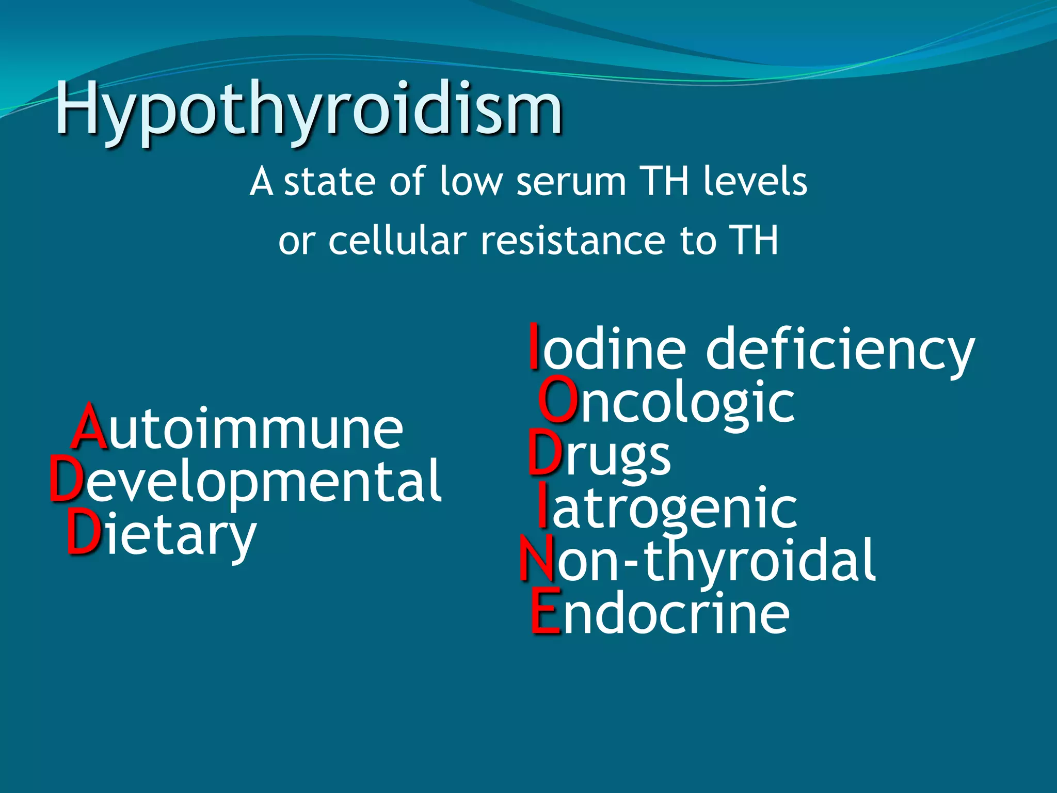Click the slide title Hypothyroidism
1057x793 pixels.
click(x=309, y=109)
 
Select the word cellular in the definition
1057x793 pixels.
click(x=397, y=241)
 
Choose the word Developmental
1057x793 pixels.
click(x=246, y=481)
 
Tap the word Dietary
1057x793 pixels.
click(x=162, y=535)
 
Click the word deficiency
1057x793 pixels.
click(x=840, y=350)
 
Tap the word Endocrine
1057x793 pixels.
click(x=660, y=613)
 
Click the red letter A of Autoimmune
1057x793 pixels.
click(x=89, y=426)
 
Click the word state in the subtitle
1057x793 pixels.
click(x=329, y=182)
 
